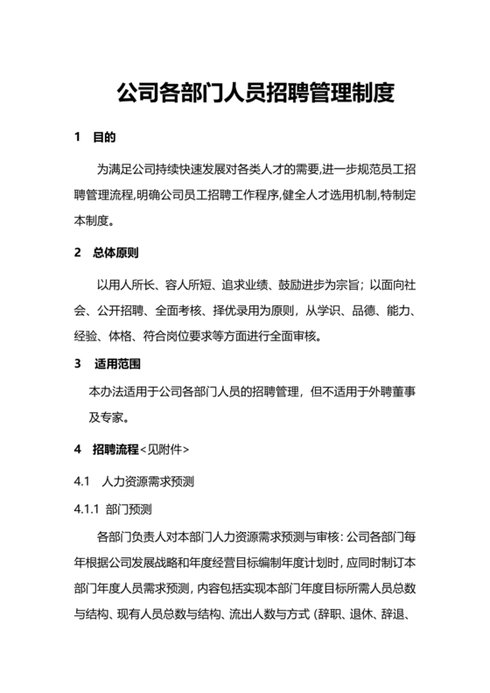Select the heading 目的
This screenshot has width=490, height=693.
(x=104, y=138)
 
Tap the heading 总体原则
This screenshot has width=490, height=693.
(x=115, y=254)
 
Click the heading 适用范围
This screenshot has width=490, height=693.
(x=115, y=363)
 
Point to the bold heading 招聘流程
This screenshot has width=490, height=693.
(x=115, y=450)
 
